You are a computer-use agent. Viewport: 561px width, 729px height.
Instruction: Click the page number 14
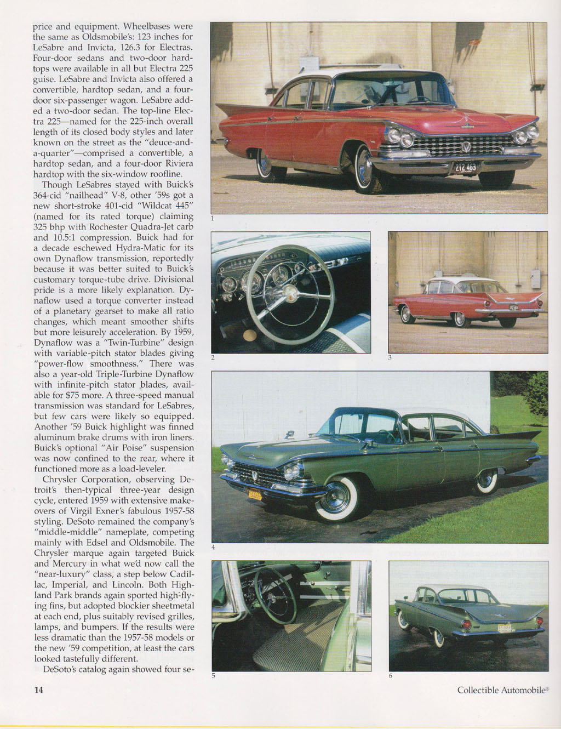[x=39, y=690]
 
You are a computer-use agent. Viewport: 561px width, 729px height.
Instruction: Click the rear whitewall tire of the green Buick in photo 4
[x=485, y=480]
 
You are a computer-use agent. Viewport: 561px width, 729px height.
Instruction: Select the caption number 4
[x=213, y=548]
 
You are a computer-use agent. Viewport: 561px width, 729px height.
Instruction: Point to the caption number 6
[x=391, y=675]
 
